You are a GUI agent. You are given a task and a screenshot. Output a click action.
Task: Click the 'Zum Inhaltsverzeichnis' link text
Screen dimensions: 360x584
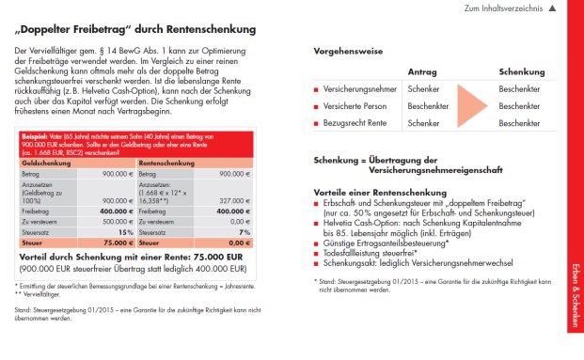tap(503, 8)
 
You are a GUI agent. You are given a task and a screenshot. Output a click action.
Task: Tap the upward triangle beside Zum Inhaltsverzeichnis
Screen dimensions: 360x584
tap(552, 8)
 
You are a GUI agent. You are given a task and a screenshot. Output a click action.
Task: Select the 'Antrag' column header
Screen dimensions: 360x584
tap(421, 71)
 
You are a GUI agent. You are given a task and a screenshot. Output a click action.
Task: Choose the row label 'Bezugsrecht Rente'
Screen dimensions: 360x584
tap(354, 123)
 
